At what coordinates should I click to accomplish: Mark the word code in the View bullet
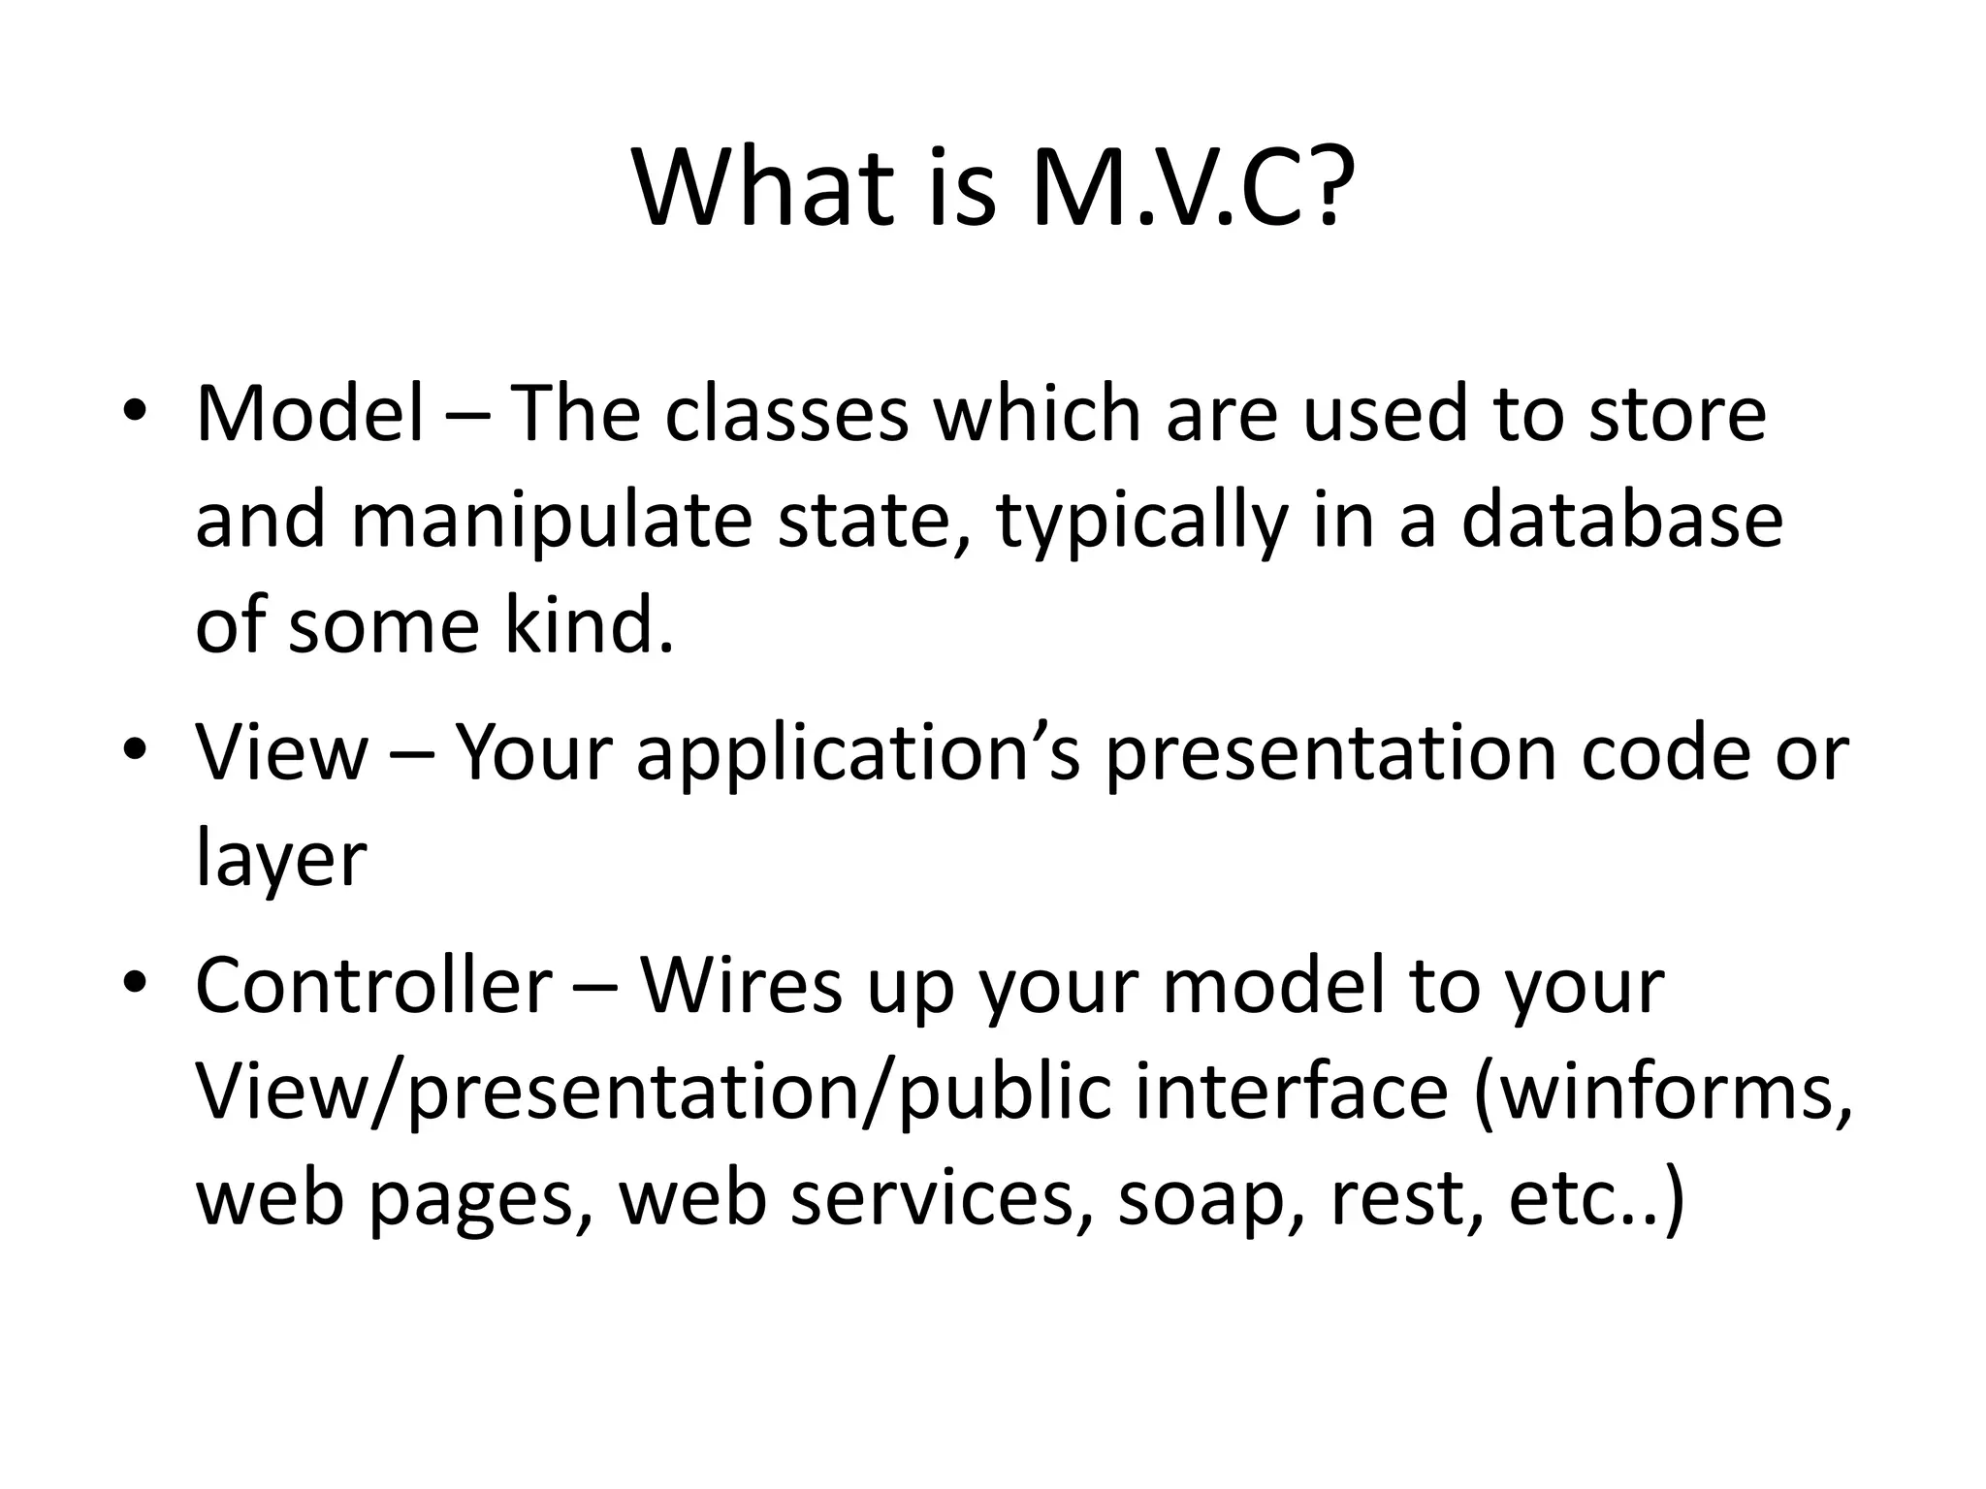point(1665,753)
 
